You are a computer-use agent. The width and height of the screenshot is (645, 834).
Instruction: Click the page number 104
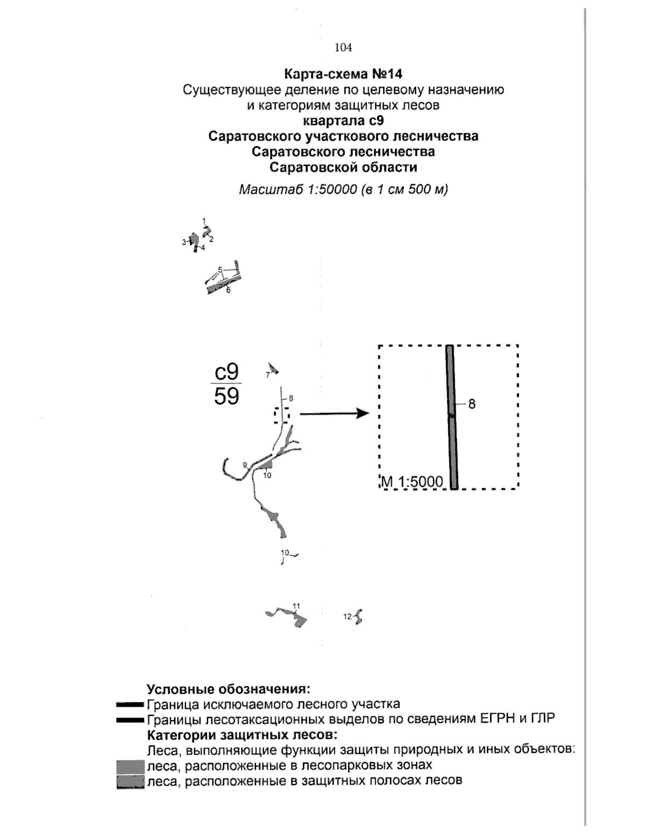(343, 48)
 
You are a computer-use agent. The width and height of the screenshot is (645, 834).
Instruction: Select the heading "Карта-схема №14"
(343, 73)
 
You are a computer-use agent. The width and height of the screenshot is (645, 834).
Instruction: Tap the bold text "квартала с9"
(343, 120)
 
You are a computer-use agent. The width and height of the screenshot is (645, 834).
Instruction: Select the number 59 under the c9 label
(226, 396)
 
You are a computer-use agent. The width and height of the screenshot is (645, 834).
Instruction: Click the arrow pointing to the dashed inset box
(334, 414)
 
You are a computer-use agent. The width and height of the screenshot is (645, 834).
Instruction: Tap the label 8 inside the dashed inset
(471, 404)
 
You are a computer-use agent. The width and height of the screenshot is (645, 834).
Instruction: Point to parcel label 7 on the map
(267, 375)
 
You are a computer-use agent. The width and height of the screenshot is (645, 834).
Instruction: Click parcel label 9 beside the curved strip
(245, 465)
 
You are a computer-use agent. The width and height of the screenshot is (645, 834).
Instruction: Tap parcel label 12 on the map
(347, 617)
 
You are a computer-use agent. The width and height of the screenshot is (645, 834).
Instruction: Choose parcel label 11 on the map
(296, 606)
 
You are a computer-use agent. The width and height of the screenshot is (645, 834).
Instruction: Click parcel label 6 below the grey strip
(228, 291)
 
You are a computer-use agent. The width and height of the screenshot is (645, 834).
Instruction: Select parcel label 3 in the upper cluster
(183, 242)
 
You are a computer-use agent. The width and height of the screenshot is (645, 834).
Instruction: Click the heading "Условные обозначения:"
(228, 689)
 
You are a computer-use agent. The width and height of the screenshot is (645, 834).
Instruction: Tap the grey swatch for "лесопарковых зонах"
(131, 765)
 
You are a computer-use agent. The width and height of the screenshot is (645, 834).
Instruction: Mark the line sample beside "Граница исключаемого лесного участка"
(131, 704)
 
